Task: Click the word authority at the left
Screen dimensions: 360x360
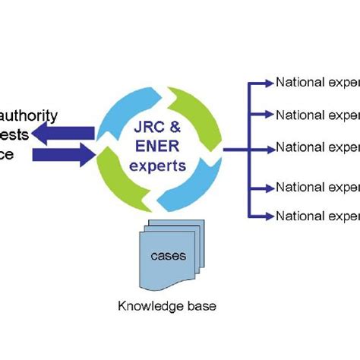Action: click(30, 115)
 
